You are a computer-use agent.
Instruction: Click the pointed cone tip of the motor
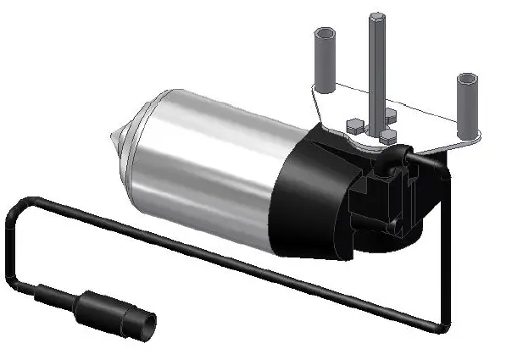click(x=113, y=136)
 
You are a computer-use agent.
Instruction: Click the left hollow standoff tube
click(x=326, y=59)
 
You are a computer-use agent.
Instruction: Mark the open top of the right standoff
click(x=468, y=79)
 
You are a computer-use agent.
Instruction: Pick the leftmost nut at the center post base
click(x=354, y=125)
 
